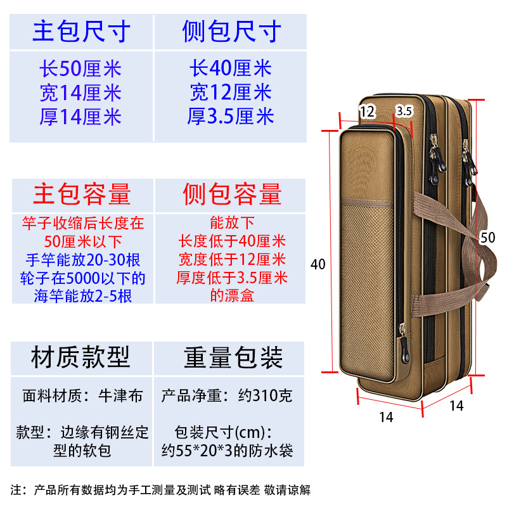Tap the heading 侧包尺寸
click(231, 31)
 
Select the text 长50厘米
click(80, 69)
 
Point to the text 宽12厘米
click(231, 93)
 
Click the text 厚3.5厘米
click(231, 116)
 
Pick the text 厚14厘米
click(80, 117)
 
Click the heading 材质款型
click(80, 358)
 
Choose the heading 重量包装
click(233, 358)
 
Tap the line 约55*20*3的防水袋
click(226, 452)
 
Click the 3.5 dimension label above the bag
click(404, 111)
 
